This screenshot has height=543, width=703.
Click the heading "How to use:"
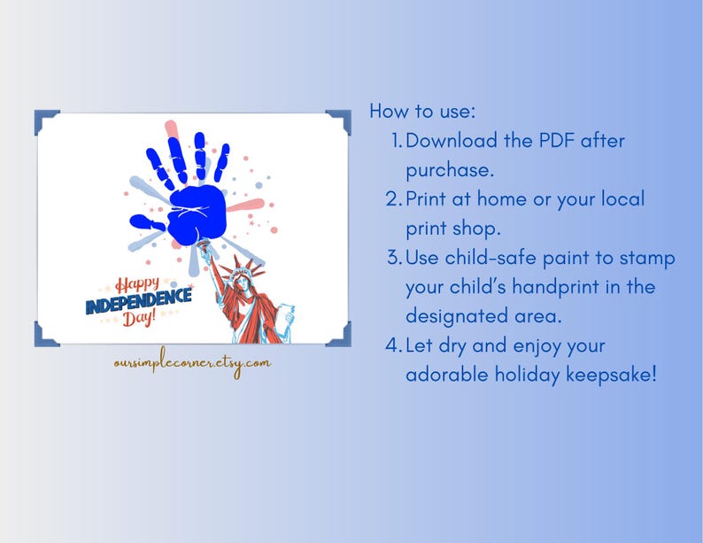(x=422, y=112)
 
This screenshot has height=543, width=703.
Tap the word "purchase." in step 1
(x=450, y=169)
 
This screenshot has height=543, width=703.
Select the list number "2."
(x=394, y=198)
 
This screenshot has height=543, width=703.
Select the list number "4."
(x=394, y=345)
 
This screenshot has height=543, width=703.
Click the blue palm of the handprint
(x=197, y=210)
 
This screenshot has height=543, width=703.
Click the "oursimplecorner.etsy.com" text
(x=192, y=362)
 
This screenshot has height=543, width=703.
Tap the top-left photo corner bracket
(x=46, y=121)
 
